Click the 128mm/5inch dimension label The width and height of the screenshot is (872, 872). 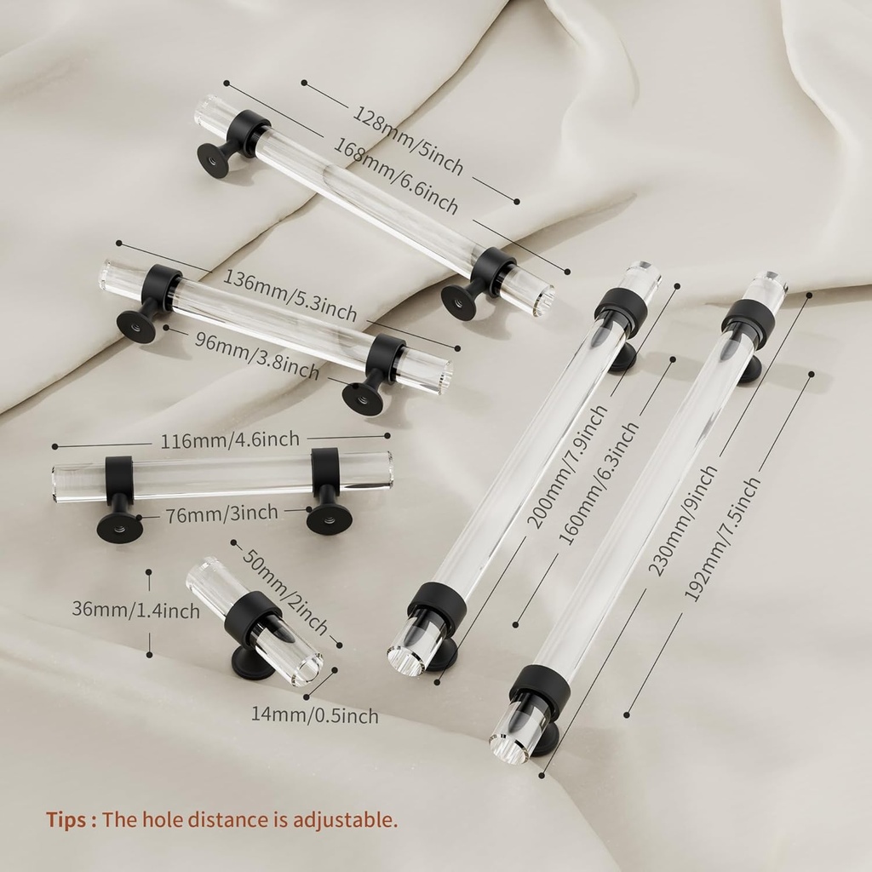tap(408, 139)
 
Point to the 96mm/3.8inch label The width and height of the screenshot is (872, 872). tap(257, 356)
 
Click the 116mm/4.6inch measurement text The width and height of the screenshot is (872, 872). tap(230, 440)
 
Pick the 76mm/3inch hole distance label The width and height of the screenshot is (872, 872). tap(222, 513)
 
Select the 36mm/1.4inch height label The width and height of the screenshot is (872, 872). tap(135, 610)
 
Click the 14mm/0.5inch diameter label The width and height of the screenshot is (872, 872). tap(315, 714)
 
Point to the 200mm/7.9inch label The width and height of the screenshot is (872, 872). tap(567, 466)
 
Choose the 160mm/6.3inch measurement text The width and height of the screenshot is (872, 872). tap(599, 483)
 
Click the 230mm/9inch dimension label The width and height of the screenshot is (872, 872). tap(683, 520)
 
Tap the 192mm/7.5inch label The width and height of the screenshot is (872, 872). tap(721, 539)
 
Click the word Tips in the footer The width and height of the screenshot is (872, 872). tap(66, 820)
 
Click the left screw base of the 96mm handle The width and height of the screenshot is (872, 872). tap(136, 326)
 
